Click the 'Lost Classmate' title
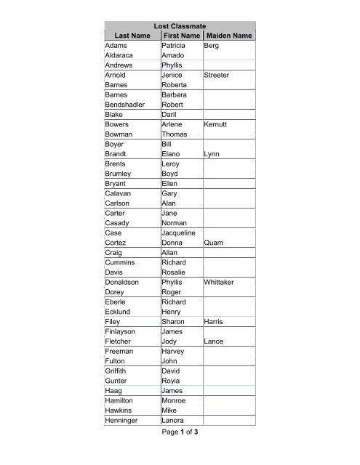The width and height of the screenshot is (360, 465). coord(181,25)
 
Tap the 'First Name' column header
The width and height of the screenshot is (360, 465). coord(181,36)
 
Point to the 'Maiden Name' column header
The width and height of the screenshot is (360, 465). coord(229,36)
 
